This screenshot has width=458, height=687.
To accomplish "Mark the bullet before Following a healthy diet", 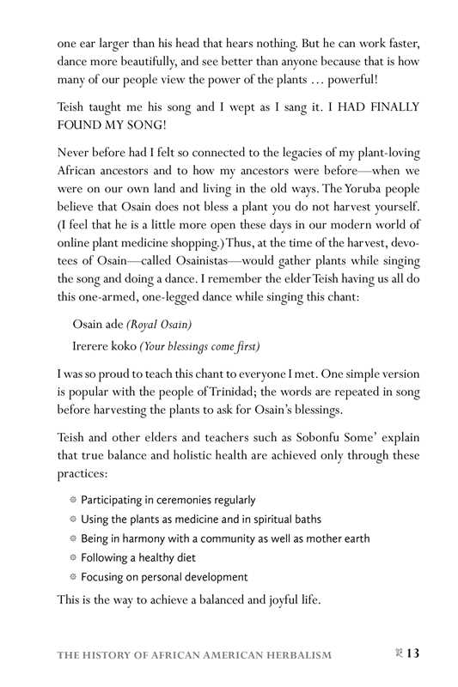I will click(73, 557).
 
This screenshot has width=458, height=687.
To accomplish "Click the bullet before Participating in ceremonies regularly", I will click(73, 500).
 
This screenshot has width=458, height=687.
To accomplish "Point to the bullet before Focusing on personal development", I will click(73, 577).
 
